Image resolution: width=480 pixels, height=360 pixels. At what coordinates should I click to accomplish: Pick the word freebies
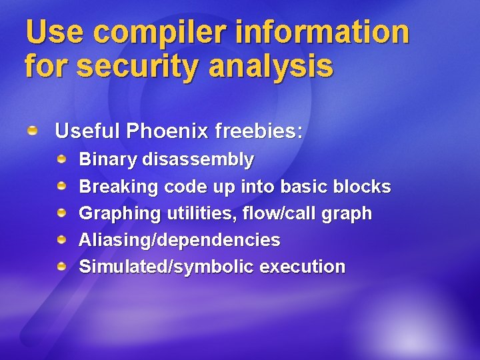point(259,131)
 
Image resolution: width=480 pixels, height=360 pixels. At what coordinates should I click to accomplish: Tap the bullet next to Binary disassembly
point(61,159)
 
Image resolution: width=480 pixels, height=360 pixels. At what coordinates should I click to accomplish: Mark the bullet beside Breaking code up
point(61,187)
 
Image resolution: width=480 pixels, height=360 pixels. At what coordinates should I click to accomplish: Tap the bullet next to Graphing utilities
point(61,213)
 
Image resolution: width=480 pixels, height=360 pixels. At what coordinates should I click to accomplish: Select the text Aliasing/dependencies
point(179,240)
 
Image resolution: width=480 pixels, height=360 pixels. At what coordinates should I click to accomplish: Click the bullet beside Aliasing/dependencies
point(61,240)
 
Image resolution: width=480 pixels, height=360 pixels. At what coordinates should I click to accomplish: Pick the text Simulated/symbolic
point(167,267)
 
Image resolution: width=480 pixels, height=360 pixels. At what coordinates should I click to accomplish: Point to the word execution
point(303,267)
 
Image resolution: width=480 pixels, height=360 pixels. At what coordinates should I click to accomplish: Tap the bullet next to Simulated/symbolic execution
point(61,267)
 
